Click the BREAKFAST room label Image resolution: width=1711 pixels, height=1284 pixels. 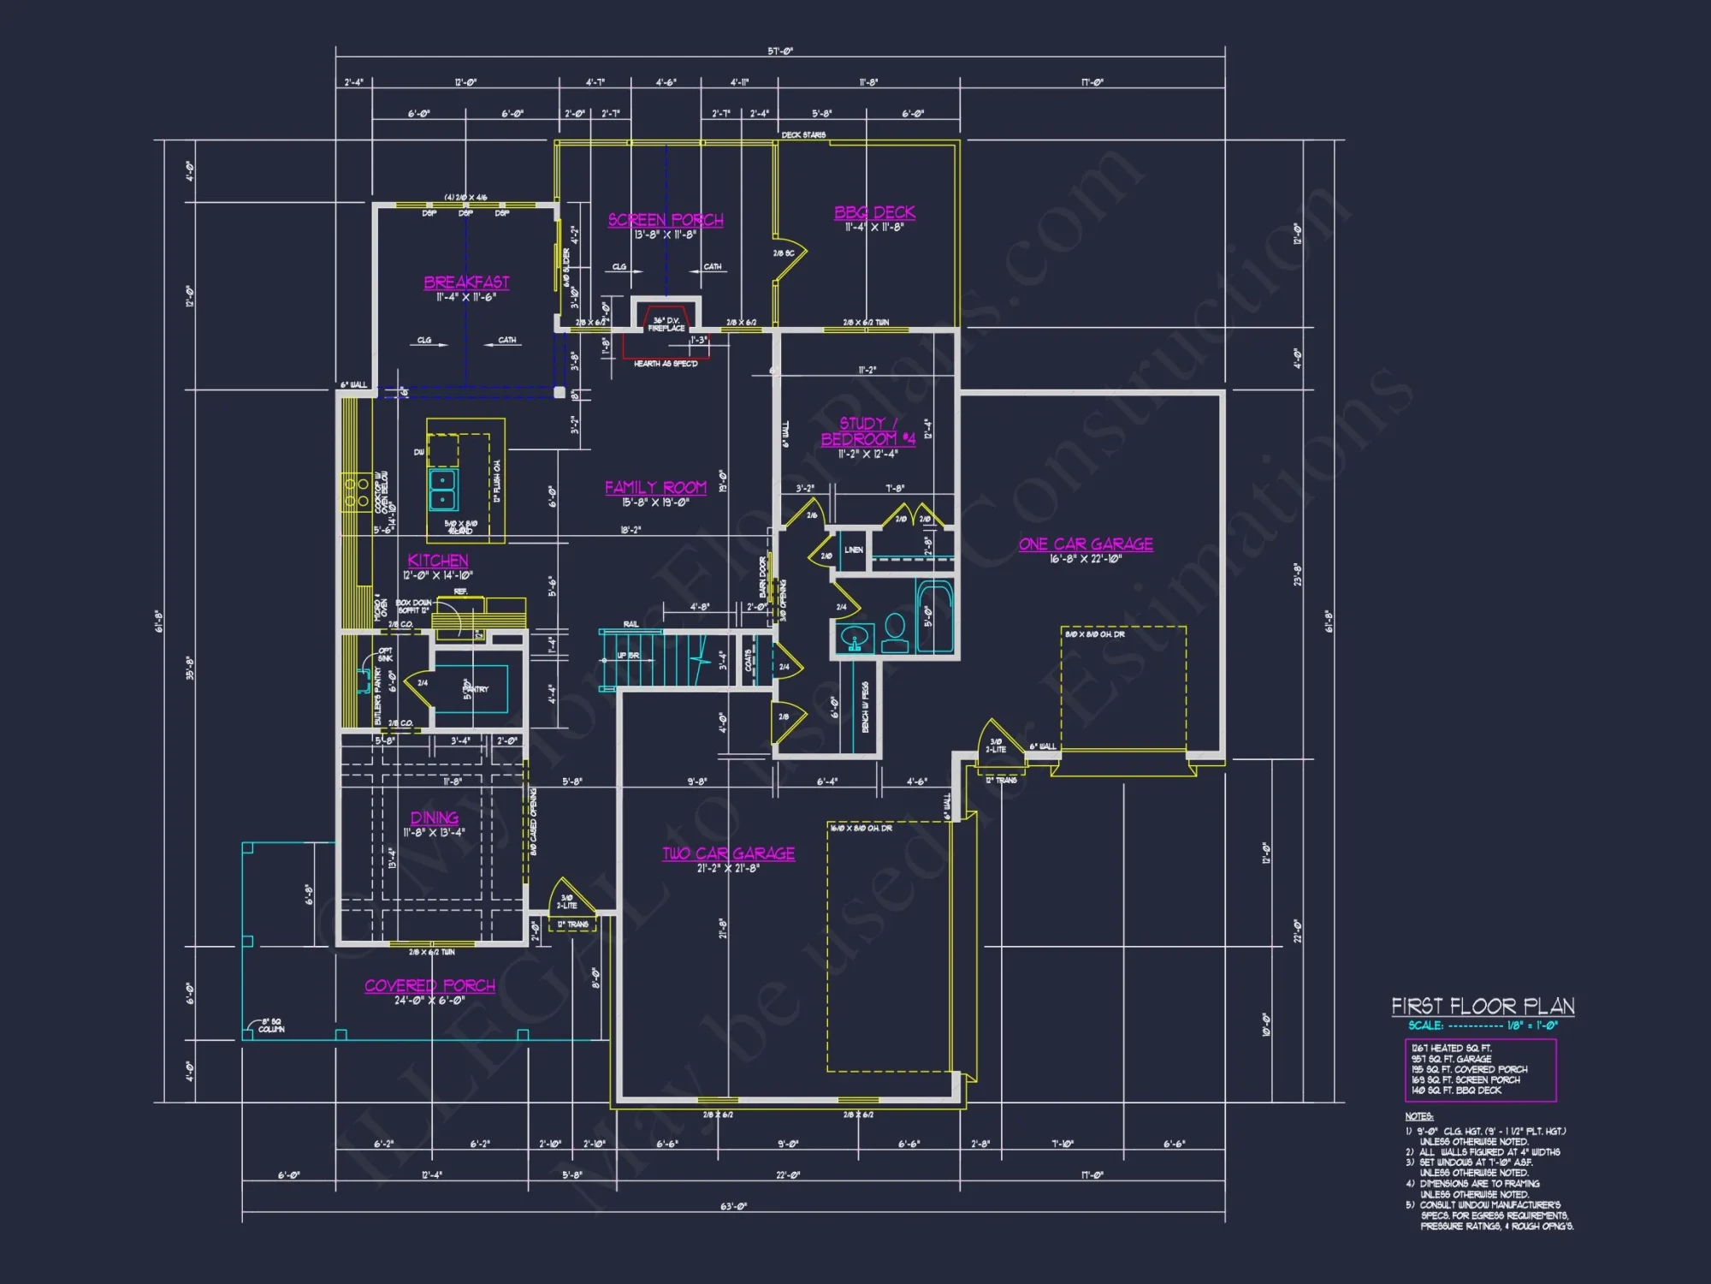[x=466, y=282]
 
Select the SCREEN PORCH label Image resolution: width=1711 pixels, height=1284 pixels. [x=666, y=220]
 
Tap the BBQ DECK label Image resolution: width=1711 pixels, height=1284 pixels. [x=874, y=212]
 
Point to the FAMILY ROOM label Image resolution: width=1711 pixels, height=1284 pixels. [x=655, y=487]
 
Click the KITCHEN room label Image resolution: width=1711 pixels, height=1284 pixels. [x=437, y=561]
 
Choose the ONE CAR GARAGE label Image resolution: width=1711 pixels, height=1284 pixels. [x=1086, y=544]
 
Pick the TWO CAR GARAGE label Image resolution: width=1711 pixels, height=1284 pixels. [x=728, y=853]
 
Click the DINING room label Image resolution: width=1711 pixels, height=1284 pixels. [x=434, y=818]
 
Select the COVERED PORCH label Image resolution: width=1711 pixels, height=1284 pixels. [x=429, y=986]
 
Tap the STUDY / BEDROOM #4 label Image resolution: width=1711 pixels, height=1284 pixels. [x=867, y=431]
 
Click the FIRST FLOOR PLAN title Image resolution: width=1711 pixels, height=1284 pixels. [x=1483, y=1006]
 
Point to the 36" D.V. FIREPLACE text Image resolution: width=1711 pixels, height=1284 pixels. [x=666, y=324]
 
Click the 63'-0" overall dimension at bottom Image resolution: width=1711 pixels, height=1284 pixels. [x=733, y=1206]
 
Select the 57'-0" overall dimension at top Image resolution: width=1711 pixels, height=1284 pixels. [x=779, y=51]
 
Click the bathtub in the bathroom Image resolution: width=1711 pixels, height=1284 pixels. [x=933, y=615]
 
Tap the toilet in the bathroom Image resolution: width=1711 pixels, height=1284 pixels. [x=895, y=632]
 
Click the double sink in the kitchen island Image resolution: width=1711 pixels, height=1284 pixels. [x=442, y=490]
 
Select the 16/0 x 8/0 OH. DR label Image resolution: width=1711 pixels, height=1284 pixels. [x=861, y=829]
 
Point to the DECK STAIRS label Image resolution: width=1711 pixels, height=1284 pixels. [x=803, y=135]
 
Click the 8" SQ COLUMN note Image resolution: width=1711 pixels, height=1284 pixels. [x=271, y=1025]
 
